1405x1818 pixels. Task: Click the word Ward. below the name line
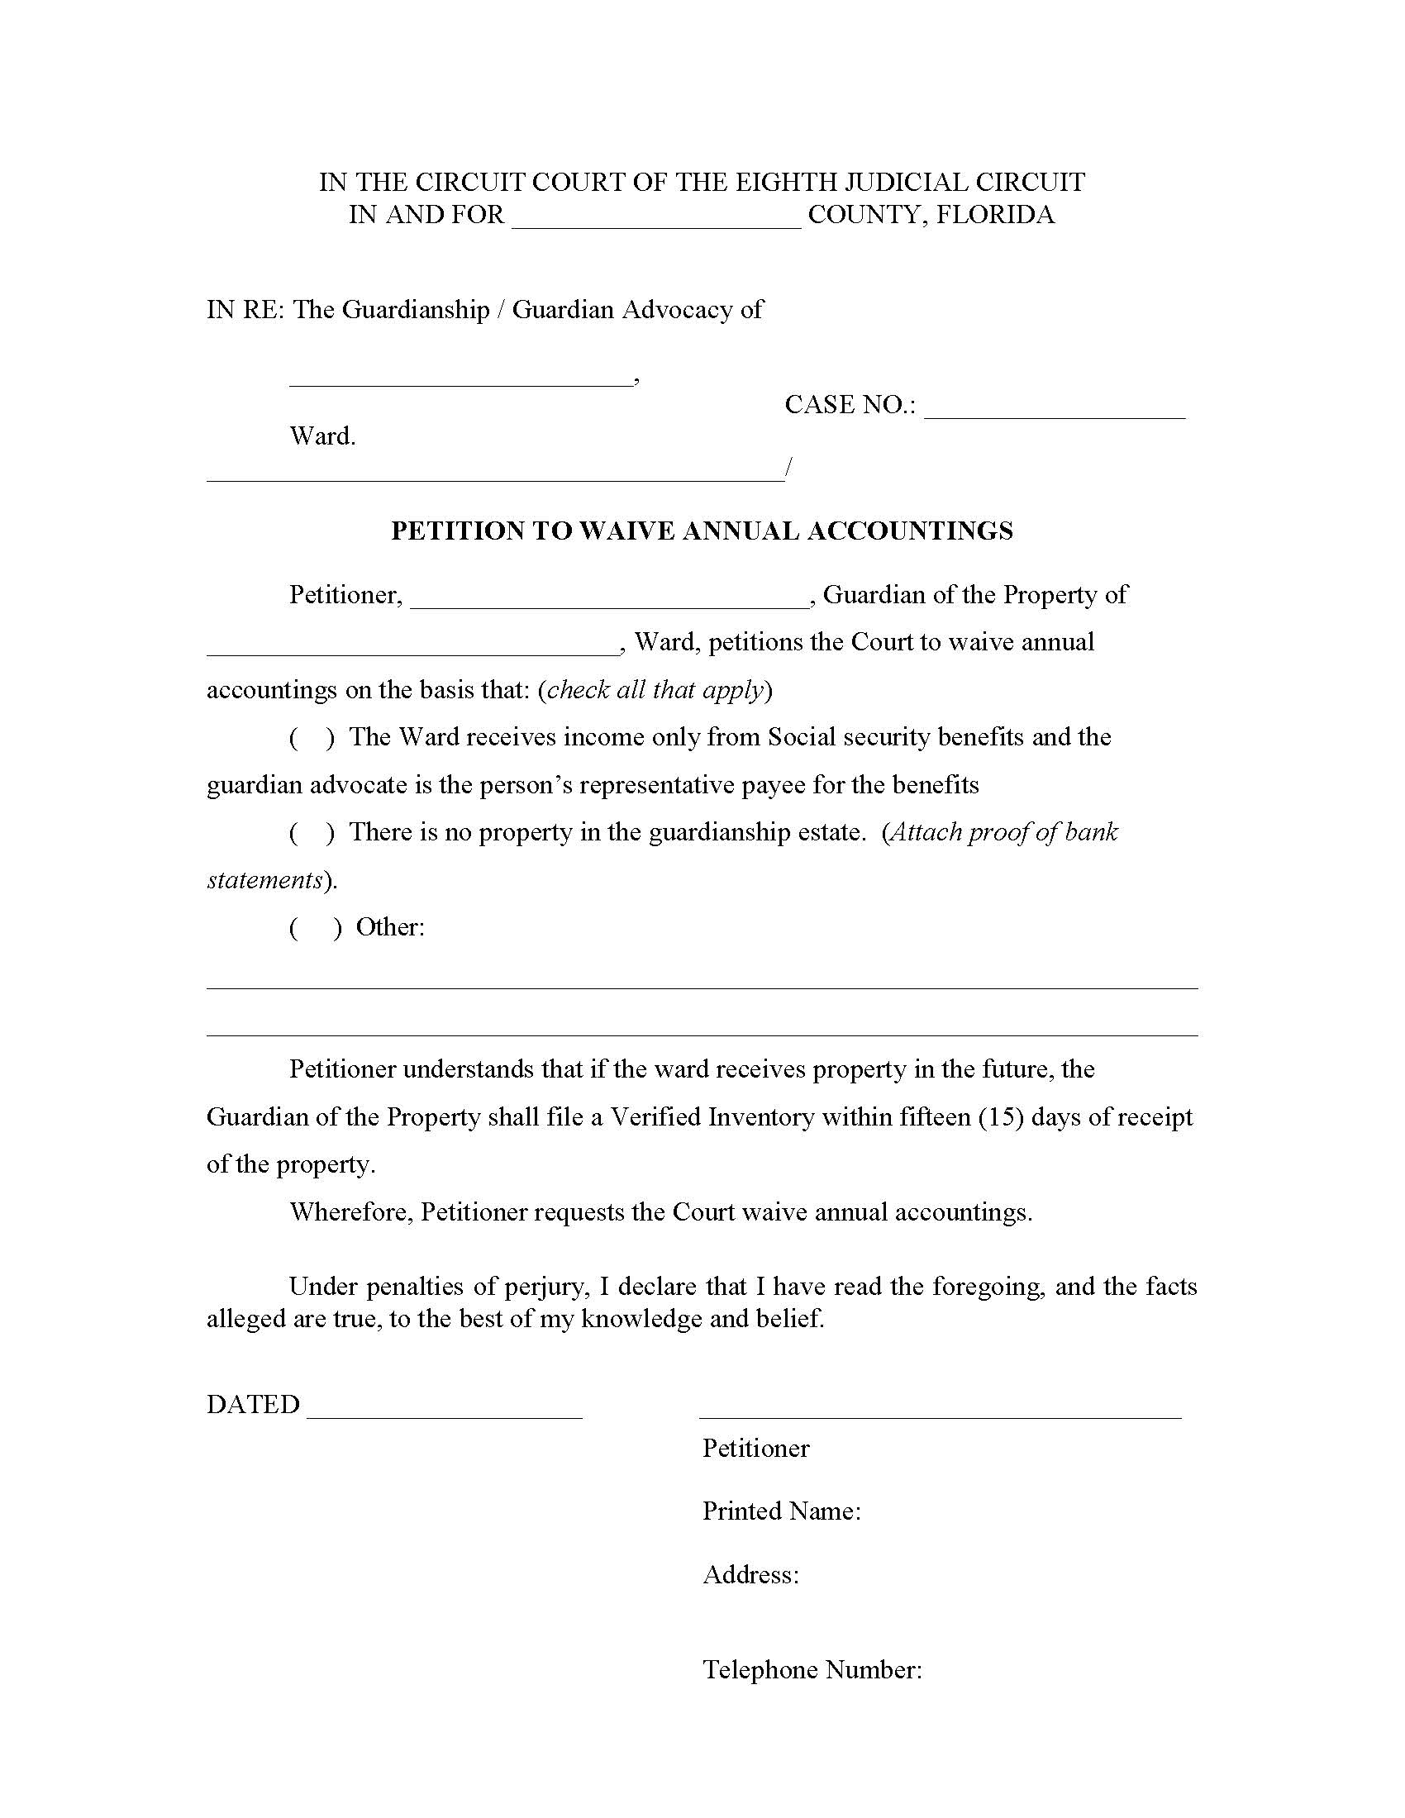pos(322,436)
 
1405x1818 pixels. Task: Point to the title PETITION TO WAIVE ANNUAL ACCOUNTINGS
pos(702,531)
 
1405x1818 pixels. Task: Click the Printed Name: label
pos(781,1511)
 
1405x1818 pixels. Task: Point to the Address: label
pos(750,1574)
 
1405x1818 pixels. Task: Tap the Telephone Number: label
pos(812,1669)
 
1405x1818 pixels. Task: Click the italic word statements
pos(264,880)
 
